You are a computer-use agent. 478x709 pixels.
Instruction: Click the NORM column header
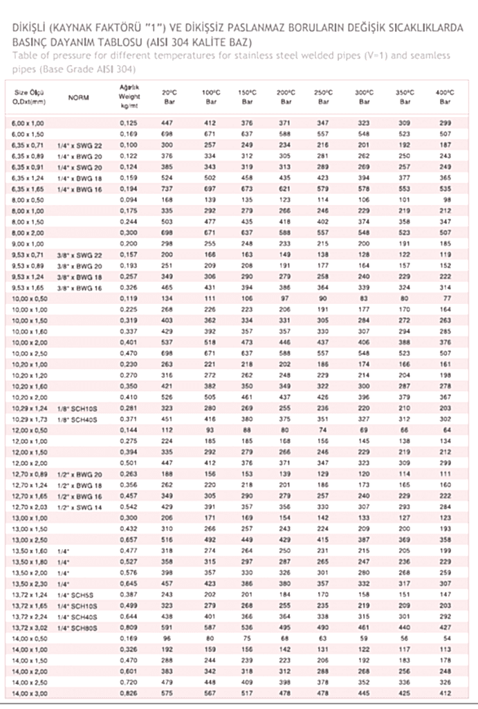[x=79, y=98]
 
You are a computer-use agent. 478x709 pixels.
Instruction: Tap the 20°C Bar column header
[x=167, y=97]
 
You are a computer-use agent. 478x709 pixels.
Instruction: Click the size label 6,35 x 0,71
[x=28, y=145]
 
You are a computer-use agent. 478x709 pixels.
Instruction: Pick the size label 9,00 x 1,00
[x=28, y=244]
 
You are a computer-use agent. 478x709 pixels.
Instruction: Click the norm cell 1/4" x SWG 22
[x=80, y=145]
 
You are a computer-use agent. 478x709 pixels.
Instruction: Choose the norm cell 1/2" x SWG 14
[x=80, y=506]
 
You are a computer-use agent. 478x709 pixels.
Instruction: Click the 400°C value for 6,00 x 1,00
[x=445, y=123]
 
